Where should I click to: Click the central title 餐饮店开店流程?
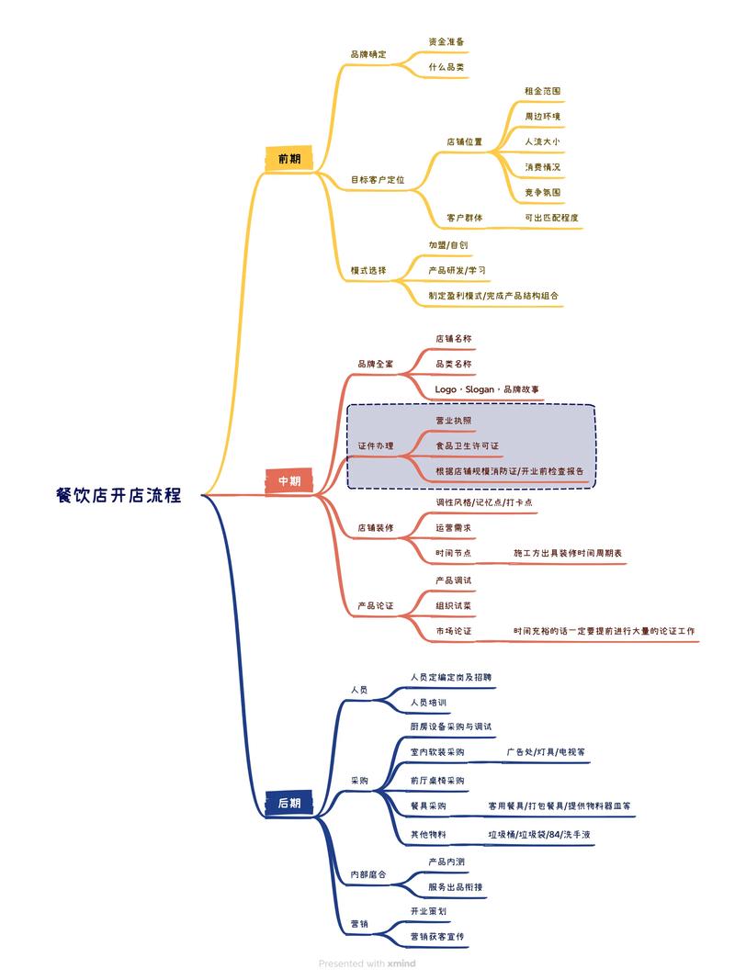tap(119, 495)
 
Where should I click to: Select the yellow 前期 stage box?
tap(288, 159)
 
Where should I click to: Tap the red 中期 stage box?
tap(288, 480)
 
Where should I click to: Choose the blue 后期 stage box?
tap(288, 803)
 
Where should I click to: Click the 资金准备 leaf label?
tap(447, 41)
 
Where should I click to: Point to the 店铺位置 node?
tap(464, 141)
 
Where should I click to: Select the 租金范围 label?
tap(542, 91)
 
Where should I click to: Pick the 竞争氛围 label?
tap(542, 192)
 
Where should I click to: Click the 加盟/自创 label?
tap(448, 245)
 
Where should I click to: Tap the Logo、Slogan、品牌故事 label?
tap(488, 389)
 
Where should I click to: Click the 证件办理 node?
tap(375, 445)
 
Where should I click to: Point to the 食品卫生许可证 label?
tap(467, 445)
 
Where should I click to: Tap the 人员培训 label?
tap(428, 703)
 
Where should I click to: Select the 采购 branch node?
tap(359, 781)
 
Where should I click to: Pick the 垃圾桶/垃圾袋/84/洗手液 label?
tap(539, 834)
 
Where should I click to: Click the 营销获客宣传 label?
tap(437, 936)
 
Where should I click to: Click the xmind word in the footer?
tap(401, 963)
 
